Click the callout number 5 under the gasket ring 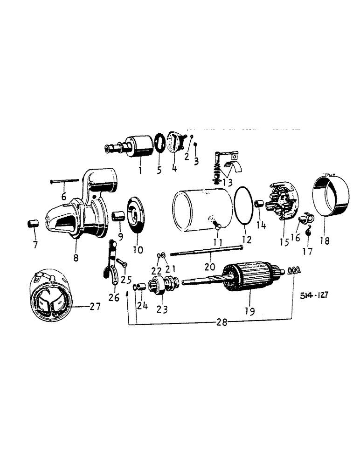159,170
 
